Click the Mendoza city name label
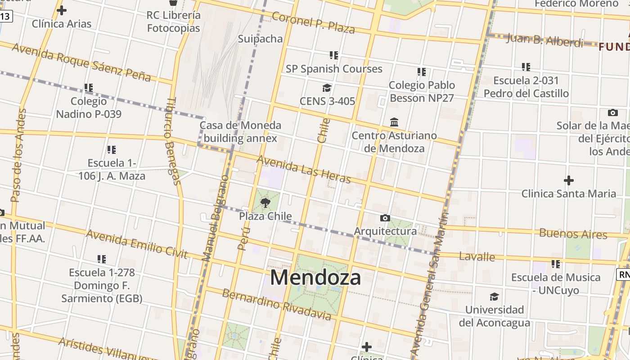pos(315,277)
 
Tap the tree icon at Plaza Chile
pos(265,202)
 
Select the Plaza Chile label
pos(265,216)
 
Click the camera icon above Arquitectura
pos(385,218)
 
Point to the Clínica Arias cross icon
pos(62,10)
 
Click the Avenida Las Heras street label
pos(303,170)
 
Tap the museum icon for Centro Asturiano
pos(394,122)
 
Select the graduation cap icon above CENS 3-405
pos(327,88)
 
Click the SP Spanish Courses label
pos(334,69)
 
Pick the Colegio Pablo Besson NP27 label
pos(422,91)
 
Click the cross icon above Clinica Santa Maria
pos(569,180)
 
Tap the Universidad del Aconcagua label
pos(494,316)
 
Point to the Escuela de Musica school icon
pos(556,264)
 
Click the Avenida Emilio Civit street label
pos(136,244)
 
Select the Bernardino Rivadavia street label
pos(277,305)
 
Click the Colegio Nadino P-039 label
pos(89,108)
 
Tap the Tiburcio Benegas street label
pos(173,141)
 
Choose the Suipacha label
pos(260,39)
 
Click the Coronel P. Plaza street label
pos(313,22)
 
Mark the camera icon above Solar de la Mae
pos(612,112)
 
